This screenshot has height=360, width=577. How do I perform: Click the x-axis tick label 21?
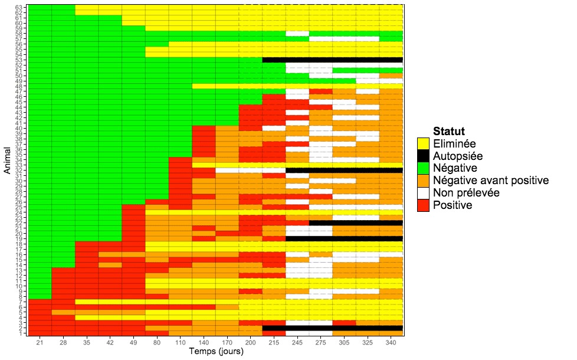click(40, 342)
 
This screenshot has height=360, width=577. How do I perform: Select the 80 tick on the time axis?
click(157, 342)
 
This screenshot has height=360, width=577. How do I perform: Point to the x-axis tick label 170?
click(227, 342)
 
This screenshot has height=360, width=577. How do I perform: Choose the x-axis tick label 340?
click(391, 342)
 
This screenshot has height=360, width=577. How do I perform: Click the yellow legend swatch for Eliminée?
click(422, 143)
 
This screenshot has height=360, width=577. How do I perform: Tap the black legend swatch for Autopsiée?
click(422, 156)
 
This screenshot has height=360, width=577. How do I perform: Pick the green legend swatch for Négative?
click(422, 168)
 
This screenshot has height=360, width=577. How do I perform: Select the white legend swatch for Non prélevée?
click(422, 193)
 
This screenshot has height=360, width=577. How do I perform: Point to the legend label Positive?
click(453, 205)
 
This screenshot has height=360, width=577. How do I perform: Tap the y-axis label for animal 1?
click(21, 333)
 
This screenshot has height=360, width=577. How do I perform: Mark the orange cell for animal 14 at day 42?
click(110, 265)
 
